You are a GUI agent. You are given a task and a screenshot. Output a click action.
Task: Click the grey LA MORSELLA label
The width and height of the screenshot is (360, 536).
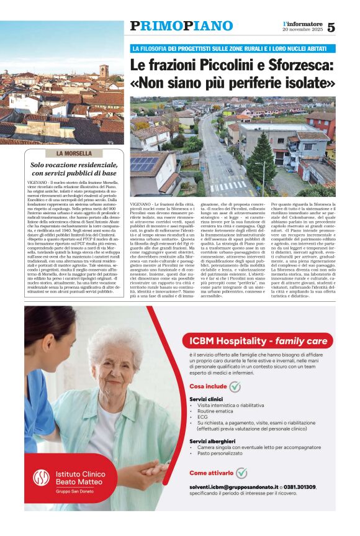[x=74, y=153]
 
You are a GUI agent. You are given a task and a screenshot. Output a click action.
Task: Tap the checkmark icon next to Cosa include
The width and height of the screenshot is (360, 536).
[x=235, y=386]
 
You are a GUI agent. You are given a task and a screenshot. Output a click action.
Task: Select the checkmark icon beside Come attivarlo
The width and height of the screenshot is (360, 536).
[x=241, y=473]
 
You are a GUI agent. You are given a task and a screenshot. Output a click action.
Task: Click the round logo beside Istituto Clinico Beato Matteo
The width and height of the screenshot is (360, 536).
[x=42, y=477]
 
